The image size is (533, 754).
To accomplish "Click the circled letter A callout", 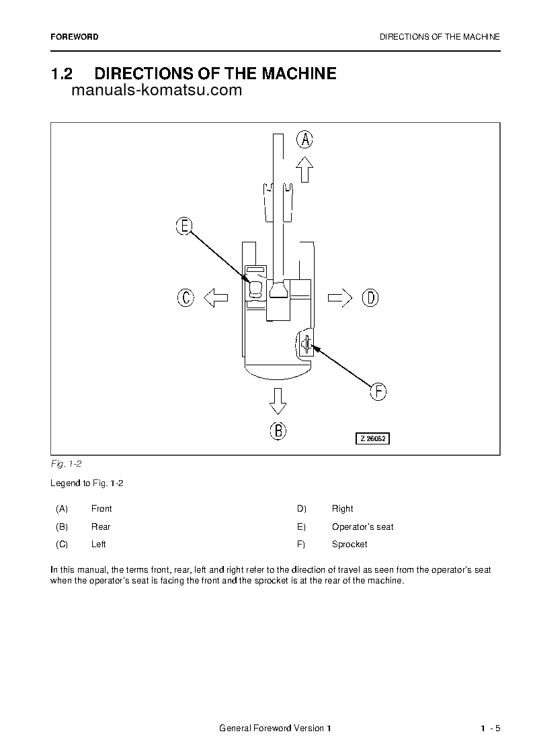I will point(305,140).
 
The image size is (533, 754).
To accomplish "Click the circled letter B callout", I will point(278,430).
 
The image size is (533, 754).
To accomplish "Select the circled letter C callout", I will point(186,297).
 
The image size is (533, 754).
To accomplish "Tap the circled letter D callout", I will point(370,297).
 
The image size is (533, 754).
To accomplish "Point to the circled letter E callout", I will point(184,227).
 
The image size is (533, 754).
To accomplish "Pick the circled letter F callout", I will point(378,391).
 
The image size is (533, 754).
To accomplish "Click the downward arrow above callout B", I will point(278,400).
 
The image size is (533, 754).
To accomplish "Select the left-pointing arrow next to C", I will point(216,297).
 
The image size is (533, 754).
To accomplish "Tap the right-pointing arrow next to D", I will point(340,297).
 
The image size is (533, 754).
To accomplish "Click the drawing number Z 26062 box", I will point(373,438).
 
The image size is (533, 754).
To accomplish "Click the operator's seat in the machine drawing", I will point(255,289).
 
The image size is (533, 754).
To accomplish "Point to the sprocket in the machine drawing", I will point(306,344).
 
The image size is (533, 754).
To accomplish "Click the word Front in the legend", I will point(101,509).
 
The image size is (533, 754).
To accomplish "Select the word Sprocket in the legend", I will point(350,545).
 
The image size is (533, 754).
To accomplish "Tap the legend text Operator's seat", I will point(362,527).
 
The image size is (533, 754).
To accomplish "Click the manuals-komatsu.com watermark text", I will point(156,91).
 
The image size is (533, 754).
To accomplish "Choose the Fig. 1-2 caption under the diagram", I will point(66,464).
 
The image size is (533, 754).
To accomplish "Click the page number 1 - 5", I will point(490,729).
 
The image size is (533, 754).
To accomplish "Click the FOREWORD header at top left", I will point(74,37).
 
